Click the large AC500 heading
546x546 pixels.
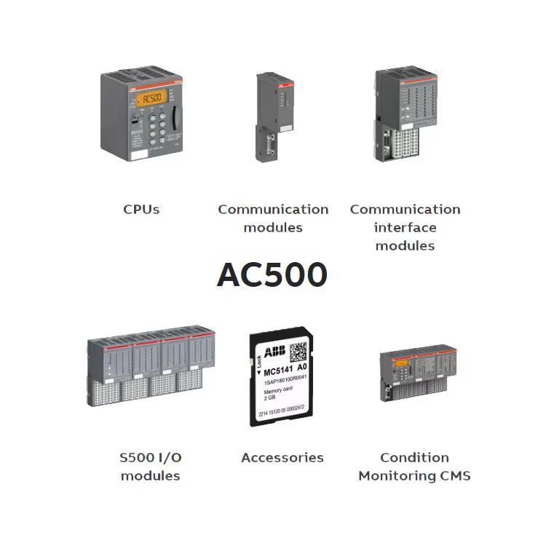tap(272, 274)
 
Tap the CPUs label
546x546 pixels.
tap(141, 210)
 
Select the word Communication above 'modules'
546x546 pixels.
tap(273, 210)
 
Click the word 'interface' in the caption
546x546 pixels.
tap(405, 228)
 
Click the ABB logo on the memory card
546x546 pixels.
tap(274, 353)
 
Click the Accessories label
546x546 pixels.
tap(282, 458)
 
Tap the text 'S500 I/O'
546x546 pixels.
tap(151, 458)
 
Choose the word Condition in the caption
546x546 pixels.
tap(414, 458)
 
